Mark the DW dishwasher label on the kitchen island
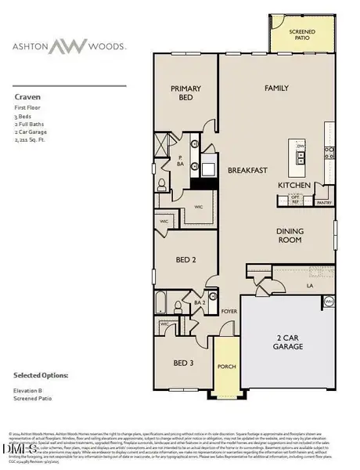point(301,146)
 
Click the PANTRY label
point(324,201)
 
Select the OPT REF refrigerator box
point(296,200)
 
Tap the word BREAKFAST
point(248,170)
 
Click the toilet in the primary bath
point(161,186)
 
